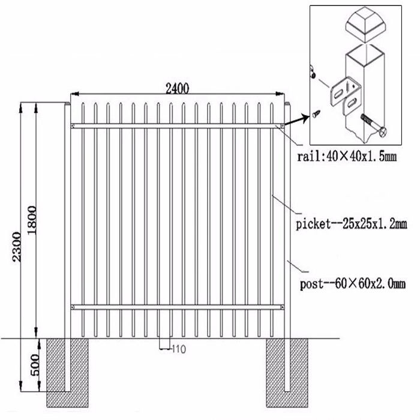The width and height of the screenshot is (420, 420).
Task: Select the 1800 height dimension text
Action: click(x=32, y=220)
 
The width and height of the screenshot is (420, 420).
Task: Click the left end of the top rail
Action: click(x=73, y=125)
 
